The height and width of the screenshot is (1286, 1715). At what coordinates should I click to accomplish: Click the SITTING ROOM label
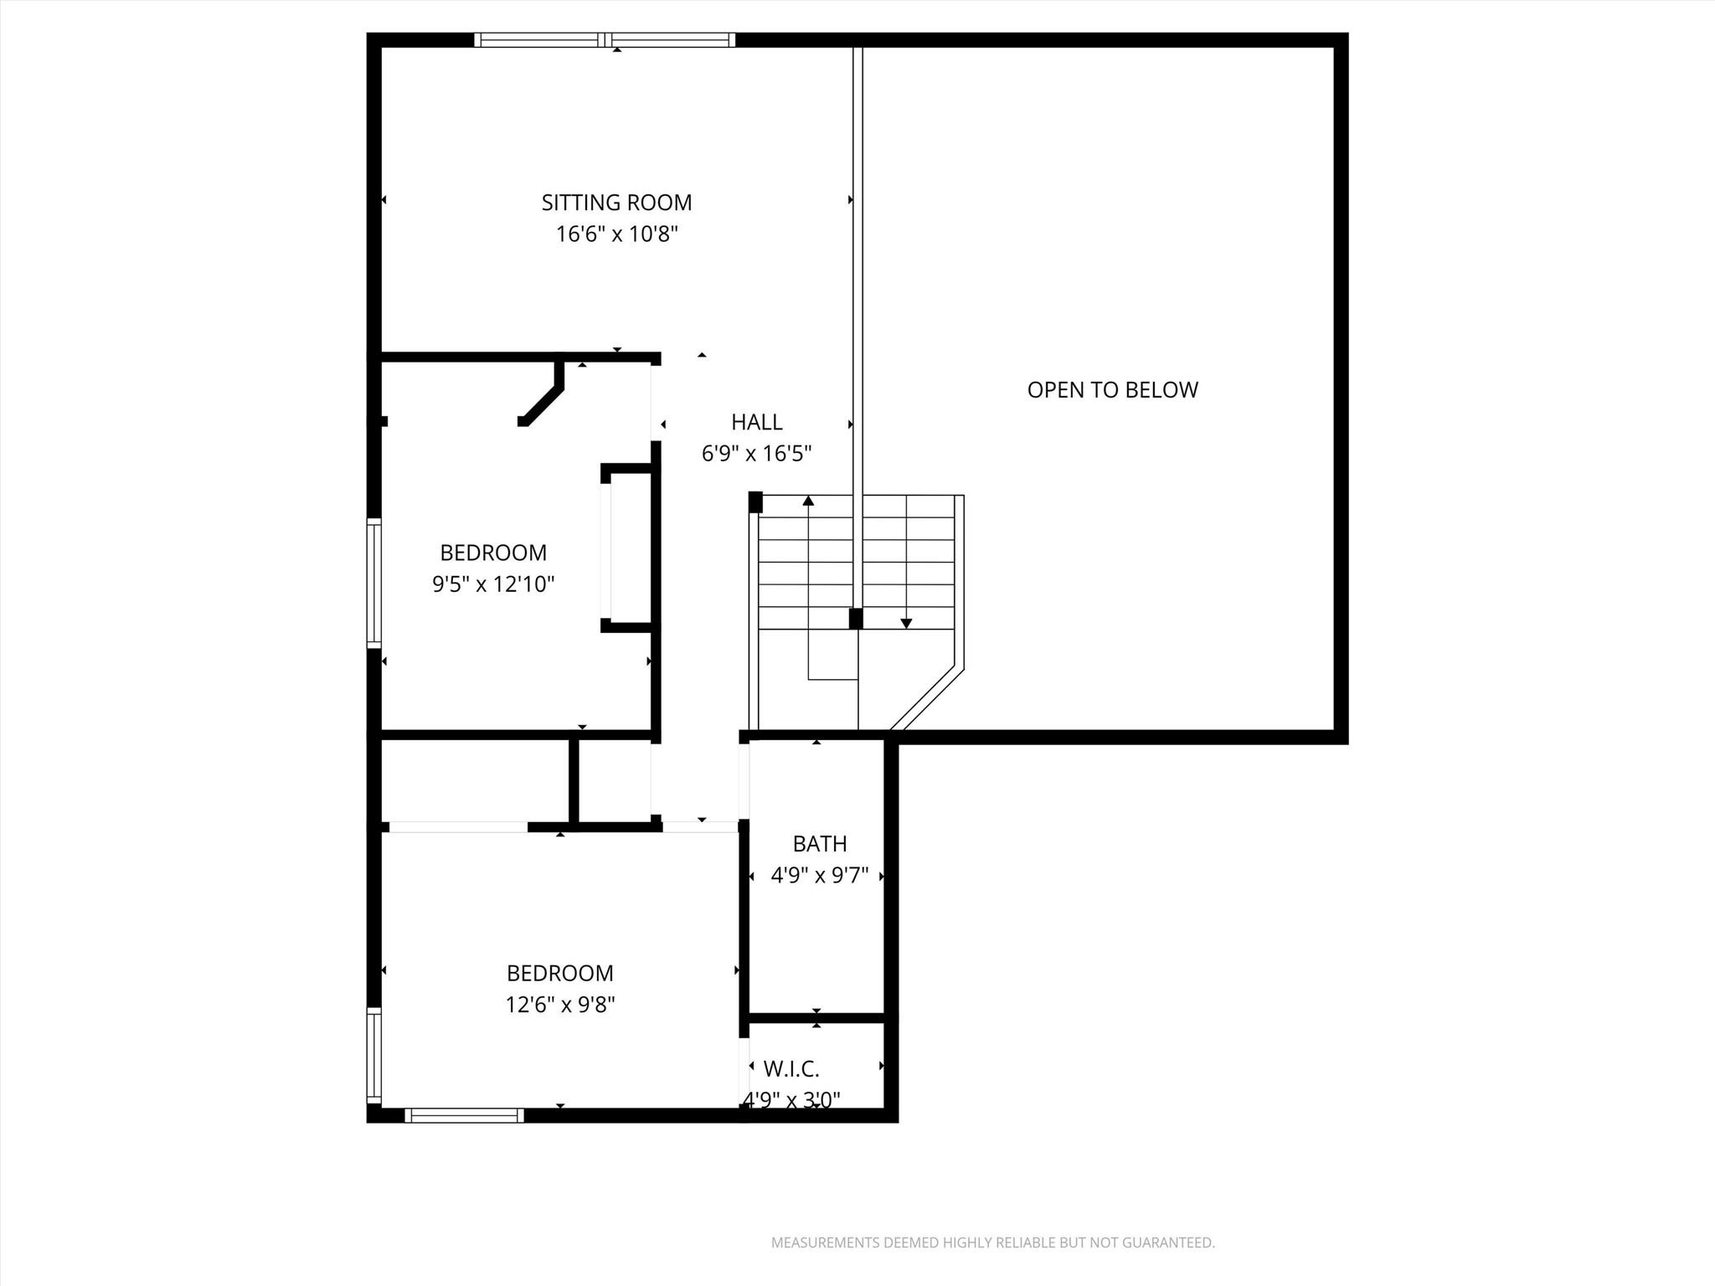coord(616,203)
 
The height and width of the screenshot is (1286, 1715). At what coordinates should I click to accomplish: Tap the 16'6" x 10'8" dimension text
coord(616,234)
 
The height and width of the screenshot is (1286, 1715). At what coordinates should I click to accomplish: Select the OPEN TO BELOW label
coord(1112,390)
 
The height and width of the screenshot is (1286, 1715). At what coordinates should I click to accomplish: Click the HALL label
coord(756,422)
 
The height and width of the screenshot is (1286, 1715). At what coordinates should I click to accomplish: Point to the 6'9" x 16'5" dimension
coord(756,454)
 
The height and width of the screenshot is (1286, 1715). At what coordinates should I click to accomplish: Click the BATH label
coord(819,844)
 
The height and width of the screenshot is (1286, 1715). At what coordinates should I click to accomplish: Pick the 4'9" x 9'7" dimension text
coord(819,876)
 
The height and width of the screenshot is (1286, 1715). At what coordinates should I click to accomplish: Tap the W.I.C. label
coord(791,1069)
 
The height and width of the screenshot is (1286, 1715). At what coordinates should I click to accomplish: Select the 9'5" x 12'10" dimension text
coord(493,584)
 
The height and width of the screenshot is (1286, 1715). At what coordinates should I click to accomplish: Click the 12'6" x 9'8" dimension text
coord(559,1005)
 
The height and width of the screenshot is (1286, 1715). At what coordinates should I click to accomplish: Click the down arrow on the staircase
coord(906,623)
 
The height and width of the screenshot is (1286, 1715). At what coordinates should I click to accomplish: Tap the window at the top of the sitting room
coord(605,39)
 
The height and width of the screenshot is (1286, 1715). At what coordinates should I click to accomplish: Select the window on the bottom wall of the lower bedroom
coord(464,1115)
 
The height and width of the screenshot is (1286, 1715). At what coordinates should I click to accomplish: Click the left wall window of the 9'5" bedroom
coord(374,583)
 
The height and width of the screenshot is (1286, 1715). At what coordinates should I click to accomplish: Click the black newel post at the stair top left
coord(754,502)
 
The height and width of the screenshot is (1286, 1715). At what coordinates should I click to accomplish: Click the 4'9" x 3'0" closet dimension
coord(792,1100)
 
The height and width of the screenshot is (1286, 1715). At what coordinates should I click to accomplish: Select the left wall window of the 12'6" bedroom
coord(374,1054)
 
